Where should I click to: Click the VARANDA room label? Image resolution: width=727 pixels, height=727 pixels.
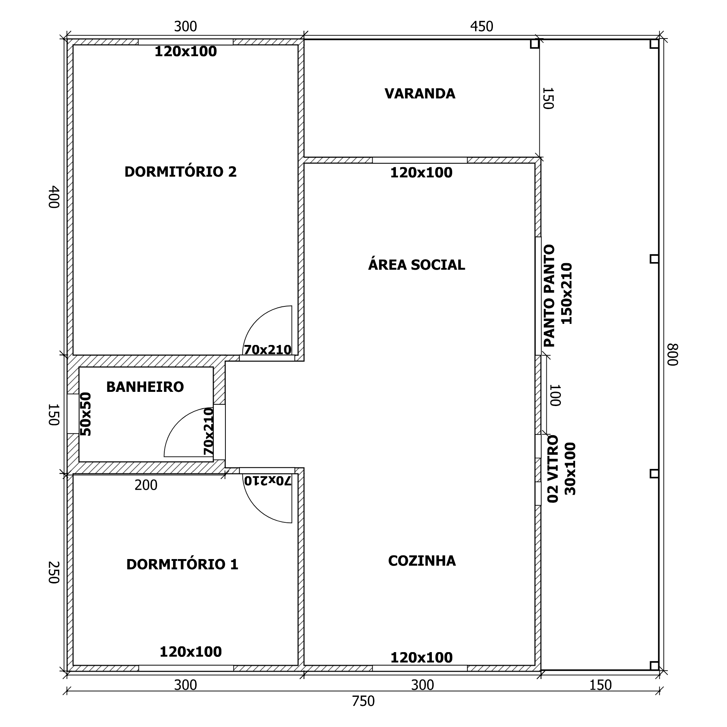[419, 94]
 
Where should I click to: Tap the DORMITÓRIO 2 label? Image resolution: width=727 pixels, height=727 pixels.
[181, 172]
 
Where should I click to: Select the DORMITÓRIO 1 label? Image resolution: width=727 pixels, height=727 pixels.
[182, 565]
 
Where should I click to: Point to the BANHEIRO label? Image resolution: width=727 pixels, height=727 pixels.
[145, 387]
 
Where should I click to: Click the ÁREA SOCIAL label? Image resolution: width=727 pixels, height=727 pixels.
[417, 265]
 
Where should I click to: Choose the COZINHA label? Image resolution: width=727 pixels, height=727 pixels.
[422, 561]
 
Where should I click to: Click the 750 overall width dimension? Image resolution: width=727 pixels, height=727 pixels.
[363, 701]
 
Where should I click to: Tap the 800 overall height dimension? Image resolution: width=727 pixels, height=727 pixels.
[672, 354]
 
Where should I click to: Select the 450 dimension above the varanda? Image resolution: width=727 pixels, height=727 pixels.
[481, 26]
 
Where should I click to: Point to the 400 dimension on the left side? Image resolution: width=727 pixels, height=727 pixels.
[54, 196]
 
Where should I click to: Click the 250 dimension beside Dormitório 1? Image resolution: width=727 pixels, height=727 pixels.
[54, 573]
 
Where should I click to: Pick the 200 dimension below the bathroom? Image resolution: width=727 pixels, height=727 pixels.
[146, 485]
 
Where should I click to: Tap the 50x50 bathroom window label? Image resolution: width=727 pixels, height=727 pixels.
[86, 414]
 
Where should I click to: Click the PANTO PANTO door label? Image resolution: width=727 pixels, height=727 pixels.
[549, 296]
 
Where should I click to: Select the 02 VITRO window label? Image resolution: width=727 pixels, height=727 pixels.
[553, 469]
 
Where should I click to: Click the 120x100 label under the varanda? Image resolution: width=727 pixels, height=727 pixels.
[421, 173]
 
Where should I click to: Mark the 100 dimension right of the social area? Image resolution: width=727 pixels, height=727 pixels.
[555, 395]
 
